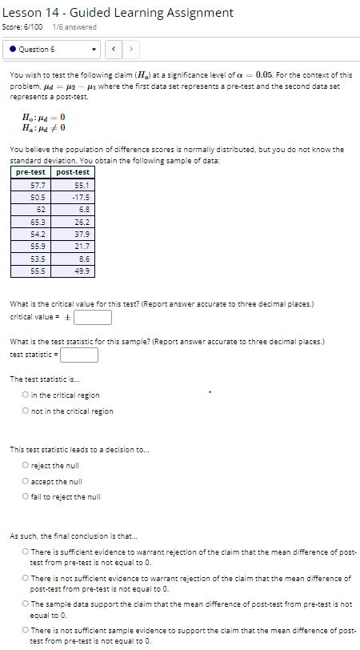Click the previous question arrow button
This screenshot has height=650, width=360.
[114, 50]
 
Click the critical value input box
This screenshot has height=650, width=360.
[92, 317]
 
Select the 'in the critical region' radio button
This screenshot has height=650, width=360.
[26, 395]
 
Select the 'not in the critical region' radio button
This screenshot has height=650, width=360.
[26, 411]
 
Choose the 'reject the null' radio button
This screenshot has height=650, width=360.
[26, 465]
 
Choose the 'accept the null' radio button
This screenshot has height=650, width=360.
[26, 481]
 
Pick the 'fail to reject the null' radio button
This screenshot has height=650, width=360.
[26, 496]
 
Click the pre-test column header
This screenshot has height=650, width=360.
[31, 172]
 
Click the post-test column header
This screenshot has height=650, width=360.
[73, 172]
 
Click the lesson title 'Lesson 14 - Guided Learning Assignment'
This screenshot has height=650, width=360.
[118, 12]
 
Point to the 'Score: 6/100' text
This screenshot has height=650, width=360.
[25, 27]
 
